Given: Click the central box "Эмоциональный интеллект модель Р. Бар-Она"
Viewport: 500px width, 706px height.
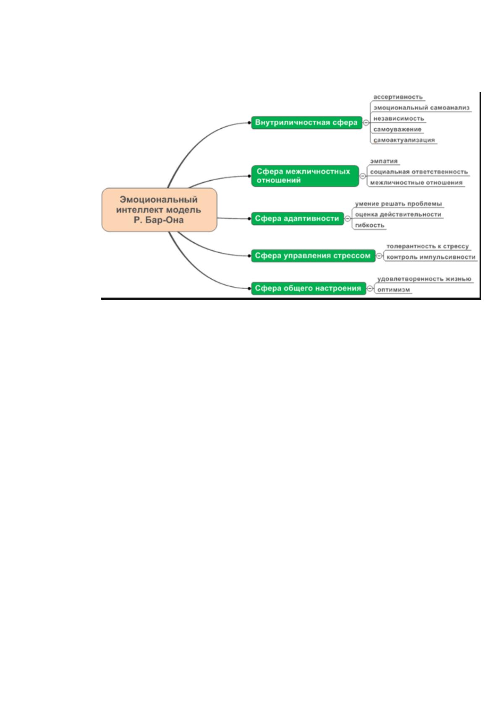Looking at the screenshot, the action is (159, 210).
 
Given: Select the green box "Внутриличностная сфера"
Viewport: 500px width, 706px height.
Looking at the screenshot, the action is (306, 122).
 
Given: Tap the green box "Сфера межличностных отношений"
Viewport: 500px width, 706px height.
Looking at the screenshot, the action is (305, 176).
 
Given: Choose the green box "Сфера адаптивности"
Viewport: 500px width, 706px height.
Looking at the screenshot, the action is (297, 218).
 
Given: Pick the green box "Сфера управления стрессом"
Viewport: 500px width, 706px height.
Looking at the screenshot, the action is (313, 256).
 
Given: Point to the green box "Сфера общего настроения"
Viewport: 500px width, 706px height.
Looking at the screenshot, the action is (309, 288).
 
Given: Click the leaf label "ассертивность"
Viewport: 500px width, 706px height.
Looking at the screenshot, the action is (398, 97).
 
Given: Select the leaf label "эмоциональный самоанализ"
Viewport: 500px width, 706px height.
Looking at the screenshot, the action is (421, 108).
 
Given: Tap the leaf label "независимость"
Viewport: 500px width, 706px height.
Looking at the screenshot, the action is (399, 119).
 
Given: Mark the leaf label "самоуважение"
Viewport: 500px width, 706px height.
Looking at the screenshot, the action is (398, 129).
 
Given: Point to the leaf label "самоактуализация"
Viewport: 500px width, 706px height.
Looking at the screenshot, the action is (404, 140).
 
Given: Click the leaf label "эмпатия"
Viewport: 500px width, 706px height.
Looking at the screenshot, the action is (384, 161).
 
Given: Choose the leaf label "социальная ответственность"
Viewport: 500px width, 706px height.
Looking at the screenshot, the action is (419, 172).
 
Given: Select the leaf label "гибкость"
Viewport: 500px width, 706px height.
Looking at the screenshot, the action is (369, 225).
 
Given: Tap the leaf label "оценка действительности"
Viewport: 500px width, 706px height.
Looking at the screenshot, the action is (398, 214).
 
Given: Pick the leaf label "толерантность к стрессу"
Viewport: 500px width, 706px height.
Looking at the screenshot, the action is (427, 246).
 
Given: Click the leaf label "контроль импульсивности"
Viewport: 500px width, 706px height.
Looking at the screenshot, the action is (431, 257).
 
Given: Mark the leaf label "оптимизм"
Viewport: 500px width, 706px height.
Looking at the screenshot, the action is (394, 290).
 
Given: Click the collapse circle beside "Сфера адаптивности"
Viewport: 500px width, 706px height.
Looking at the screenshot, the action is (348, 218).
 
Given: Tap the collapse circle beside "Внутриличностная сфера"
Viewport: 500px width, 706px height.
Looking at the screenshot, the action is (366, 122).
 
